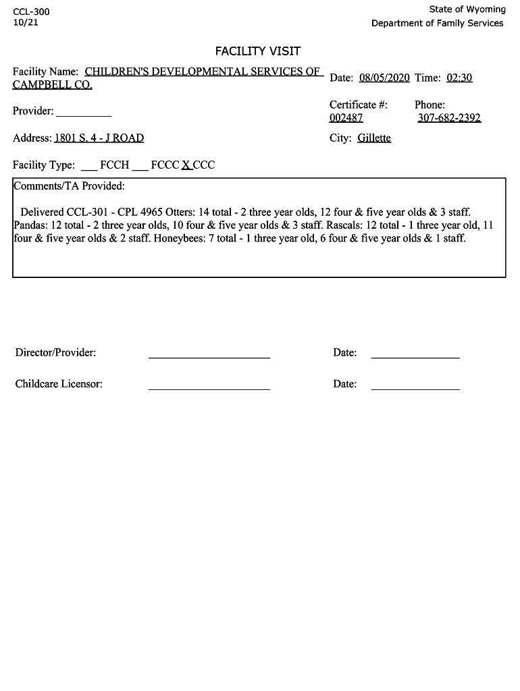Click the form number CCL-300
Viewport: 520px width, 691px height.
click(x=31, y=12)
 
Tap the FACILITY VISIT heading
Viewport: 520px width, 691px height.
click(x=258, y=51)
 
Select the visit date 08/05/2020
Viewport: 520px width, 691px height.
click(x=384, y=78)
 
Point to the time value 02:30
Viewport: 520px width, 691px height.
click(x=459, y=78)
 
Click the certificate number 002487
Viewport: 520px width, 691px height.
click(x=346, y=118)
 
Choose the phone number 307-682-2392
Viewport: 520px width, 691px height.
click(x=449, y=118)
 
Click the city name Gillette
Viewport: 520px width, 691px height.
click(x=374, y=138)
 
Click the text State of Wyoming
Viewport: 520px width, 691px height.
click(x=467, y=9)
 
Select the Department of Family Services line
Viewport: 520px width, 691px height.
click(x=437, y=24)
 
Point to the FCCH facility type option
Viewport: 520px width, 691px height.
click(x=114, y=165)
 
